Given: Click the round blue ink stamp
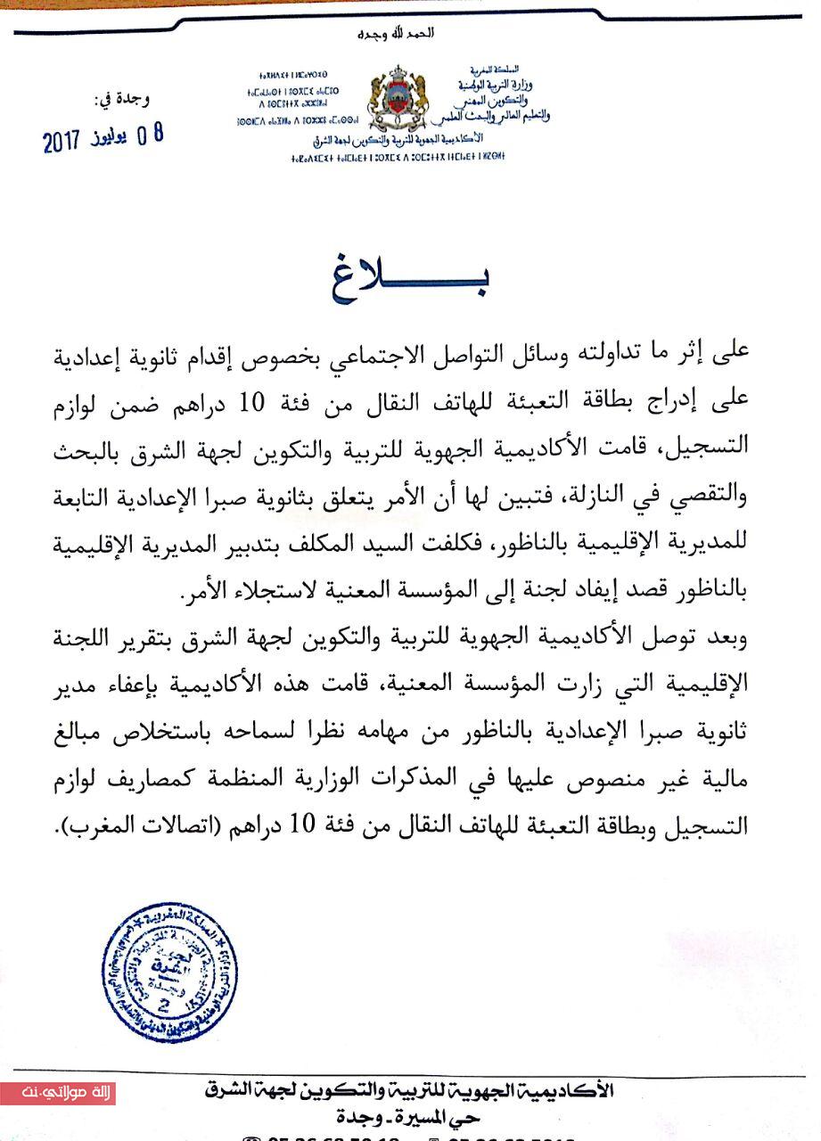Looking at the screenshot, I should (x=169, y=973).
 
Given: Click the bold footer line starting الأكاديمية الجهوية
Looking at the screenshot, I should (x=410, y=1090).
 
